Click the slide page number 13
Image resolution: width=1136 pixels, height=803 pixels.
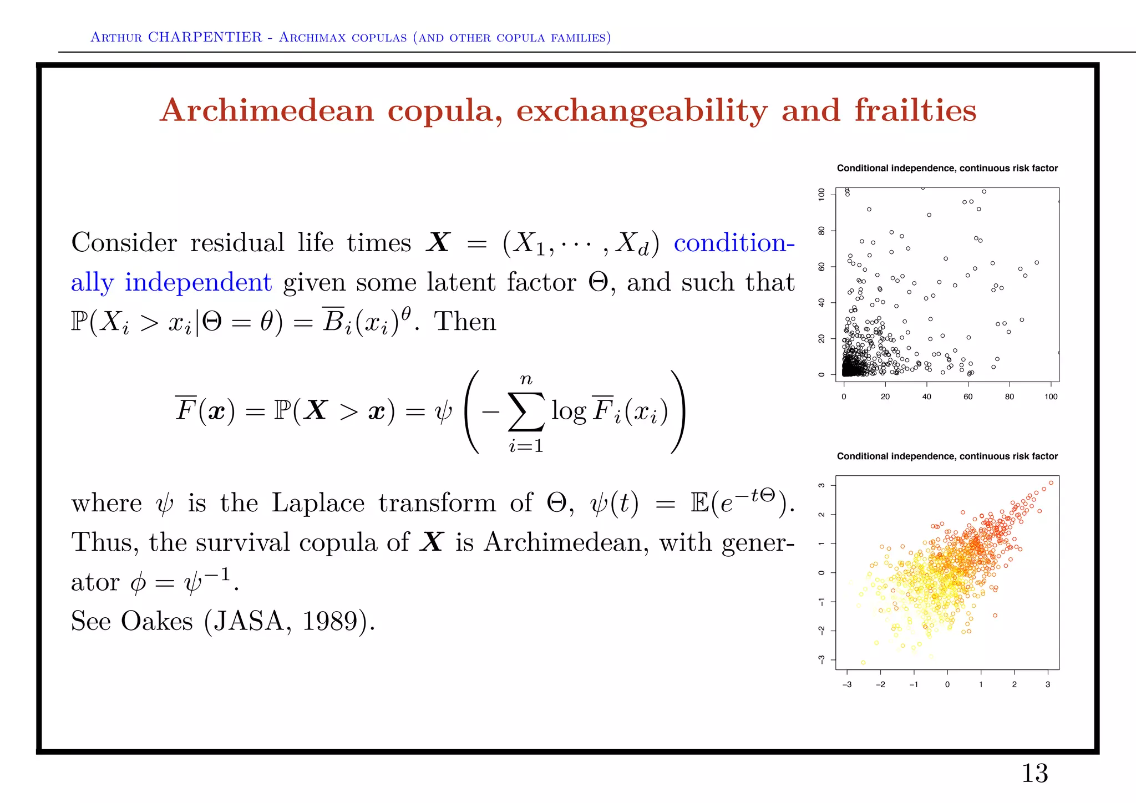click(1034, 774)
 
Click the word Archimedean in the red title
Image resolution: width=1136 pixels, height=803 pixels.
click(267, 110)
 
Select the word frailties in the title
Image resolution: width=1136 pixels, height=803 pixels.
click(915, 110)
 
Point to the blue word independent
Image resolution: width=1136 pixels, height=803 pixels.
click(198, 282)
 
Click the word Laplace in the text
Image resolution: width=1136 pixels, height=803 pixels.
click(318, 503)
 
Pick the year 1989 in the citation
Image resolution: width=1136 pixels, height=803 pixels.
click(329, 621)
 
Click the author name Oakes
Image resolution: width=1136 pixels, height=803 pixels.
click(156, 621)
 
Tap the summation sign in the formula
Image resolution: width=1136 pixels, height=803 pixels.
click(526, 412)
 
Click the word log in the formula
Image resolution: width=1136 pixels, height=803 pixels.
click(569, 411)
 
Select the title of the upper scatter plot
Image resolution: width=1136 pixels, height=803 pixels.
click(947, 168)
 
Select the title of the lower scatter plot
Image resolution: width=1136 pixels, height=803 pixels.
click(947, 456)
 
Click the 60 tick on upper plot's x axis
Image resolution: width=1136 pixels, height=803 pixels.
click(968, 397)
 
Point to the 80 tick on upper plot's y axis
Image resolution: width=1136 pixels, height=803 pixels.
click(821, 231)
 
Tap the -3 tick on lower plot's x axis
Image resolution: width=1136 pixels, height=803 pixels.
click(847, 684)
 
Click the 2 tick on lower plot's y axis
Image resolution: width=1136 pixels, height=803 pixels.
click(821, 515)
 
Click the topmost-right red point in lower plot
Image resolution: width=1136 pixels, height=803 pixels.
click(1051, 483)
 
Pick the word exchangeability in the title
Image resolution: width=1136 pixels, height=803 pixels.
click(642, 110)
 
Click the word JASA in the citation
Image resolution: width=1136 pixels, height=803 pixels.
click(248, 621)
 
